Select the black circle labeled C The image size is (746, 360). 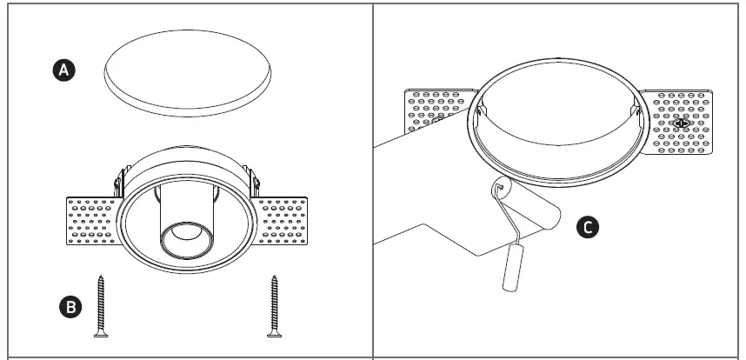tap(589, 228)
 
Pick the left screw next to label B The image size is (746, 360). tap(102, 304)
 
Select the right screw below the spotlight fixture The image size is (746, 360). tap(276, 304)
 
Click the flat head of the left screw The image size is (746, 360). tap(102, 333)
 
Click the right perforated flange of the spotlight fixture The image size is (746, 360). tap(280, 223)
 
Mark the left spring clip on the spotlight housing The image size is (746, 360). tap(117, 183)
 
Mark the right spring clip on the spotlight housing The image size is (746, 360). tap(256, 182)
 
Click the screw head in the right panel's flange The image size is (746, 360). tap(681, 123)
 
